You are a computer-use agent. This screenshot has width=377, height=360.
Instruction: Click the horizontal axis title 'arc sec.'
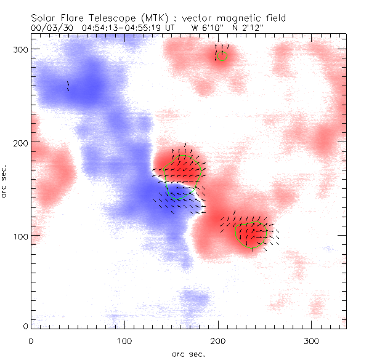[x=188, y=353]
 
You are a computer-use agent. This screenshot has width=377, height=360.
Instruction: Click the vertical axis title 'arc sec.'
[x=6, y=180]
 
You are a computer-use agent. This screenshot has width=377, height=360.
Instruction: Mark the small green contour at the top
[x=222, y=56]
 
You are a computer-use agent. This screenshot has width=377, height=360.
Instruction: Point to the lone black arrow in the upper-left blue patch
[x=68, y=86]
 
